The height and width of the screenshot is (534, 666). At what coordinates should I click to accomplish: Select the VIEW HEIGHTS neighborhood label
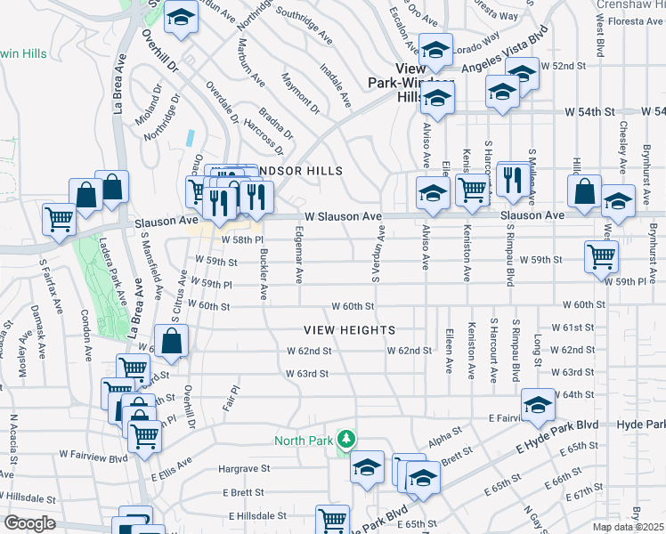(350, 330)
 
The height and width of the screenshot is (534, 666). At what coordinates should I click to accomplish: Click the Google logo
(29, 523)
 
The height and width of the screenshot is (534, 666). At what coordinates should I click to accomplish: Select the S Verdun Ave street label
(377, 253)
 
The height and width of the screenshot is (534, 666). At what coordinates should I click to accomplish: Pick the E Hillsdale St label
(259, 515)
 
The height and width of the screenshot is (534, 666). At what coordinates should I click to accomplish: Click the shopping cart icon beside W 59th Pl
(601, 256)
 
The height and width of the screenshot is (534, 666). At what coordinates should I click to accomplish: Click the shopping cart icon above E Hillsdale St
(331, 518)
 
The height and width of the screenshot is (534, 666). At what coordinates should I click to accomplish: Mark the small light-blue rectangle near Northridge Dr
(191, 138)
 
